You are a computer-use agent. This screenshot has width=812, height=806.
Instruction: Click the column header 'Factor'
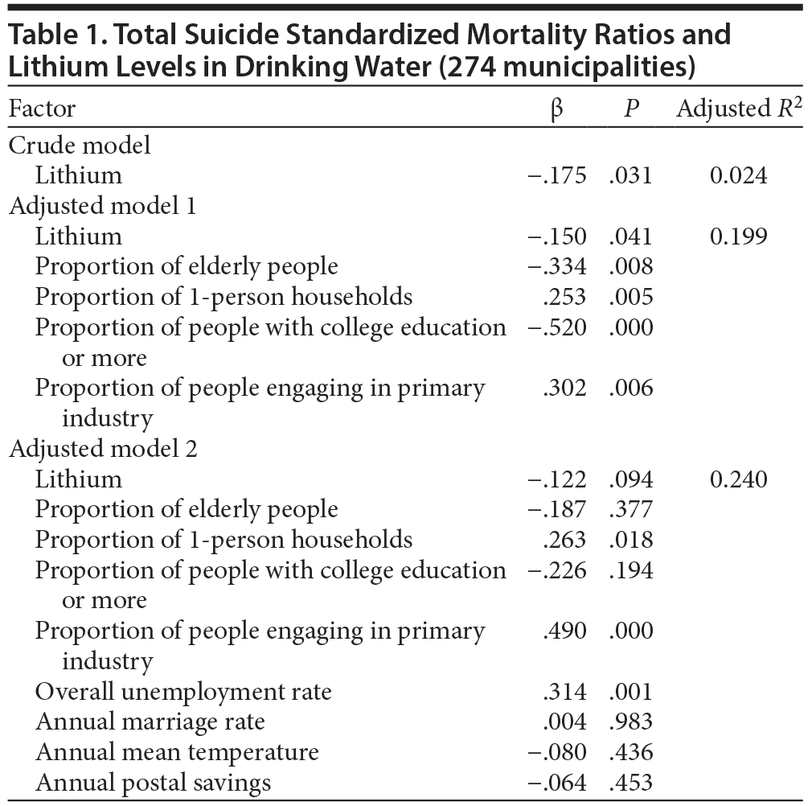pos(43,109)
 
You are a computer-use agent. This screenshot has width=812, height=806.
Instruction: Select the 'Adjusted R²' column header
pos(739,109)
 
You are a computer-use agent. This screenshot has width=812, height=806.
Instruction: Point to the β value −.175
pos(557,175)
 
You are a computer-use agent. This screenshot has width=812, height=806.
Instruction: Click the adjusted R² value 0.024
pos(739,175)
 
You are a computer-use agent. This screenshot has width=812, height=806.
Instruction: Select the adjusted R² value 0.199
pos(739,236)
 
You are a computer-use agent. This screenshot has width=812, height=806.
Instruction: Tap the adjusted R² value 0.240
pos(739,479)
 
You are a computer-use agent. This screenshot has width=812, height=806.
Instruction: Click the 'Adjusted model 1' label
pos(102,206)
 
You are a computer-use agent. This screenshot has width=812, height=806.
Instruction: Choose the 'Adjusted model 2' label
pos(102,449)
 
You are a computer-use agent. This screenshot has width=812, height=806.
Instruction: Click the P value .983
pos(631,722)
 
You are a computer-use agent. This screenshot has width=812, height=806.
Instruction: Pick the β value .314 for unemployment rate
pos(565,692)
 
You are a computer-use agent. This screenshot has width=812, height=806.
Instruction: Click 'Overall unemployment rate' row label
pos(183,692)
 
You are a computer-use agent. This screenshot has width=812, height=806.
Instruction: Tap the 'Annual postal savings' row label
pos(154,782)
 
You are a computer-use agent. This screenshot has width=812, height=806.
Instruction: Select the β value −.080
pos(557,752)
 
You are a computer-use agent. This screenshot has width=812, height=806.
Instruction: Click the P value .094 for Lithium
pos(631,479)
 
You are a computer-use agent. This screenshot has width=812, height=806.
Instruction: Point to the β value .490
pos(565,631)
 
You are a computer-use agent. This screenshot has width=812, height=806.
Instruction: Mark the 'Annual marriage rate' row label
pos(150,722)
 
